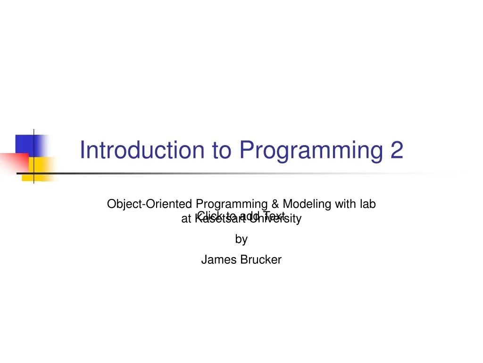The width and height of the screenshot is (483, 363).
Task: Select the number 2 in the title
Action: (397, 150)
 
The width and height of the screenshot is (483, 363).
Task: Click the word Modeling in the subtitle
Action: (307, 204)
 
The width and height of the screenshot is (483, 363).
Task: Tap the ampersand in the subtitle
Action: (275, 204)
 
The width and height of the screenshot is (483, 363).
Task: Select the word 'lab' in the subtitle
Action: (367, 204)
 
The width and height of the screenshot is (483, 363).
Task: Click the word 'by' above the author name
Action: (241, 240)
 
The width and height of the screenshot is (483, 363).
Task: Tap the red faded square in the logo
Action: (11, 162)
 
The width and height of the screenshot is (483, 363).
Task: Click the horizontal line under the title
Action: (236, 173)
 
